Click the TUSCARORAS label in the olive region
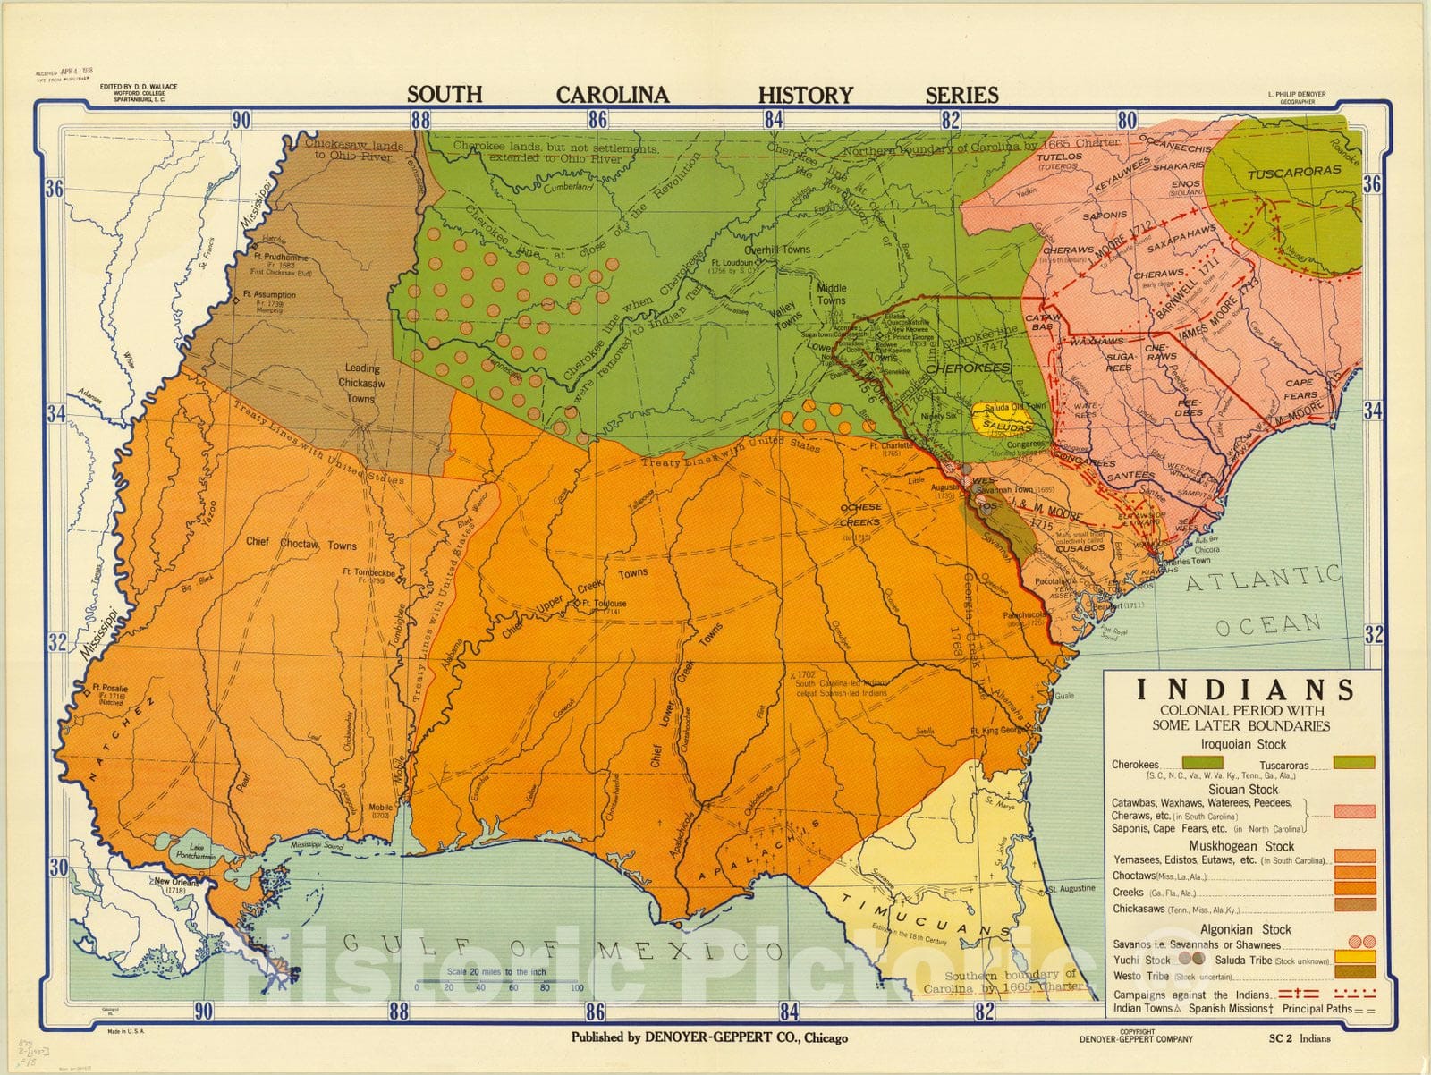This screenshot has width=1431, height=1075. pos(1294,171)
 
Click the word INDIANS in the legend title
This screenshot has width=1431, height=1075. pos(1244,690)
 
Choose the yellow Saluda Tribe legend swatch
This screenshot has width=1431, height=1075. pos(1354,959)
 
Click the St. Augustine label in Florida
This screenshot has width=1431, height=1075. pos(1071,888)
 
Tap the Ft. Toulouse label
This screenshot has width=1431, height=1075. pos(604,604)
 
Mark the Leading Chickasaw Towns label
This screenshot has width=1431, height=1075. pos(361,383)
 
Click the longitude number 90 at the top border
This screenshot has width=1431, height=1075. pos(241,120)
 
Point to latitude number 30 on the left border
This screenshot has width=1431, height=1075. pos(57,867)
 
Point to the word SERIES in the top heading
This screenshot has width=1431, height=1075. pos(961,95)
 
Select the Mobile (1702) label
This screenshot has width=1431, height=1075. pos(380,810)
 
